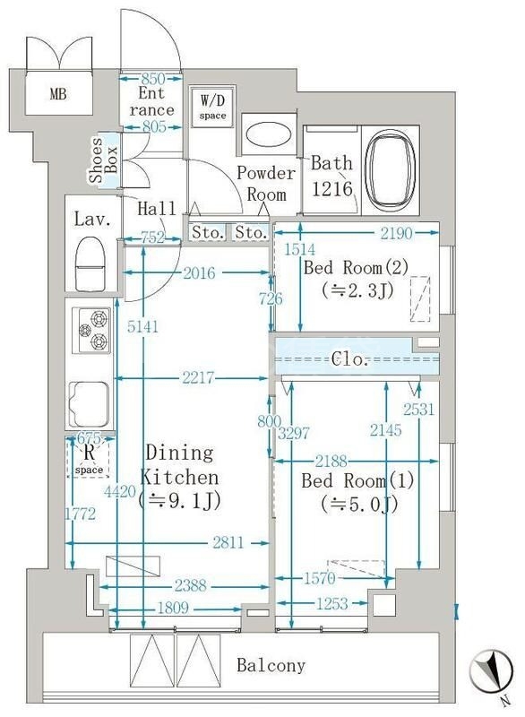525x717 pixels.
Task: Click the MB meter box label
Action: coord(57,92)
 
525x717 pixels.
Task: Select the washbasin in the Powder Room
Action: coord(266,134)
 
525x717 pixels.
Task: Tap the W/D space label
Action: coord(213,105)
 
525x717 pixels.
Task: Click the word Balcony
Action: coord(271,666)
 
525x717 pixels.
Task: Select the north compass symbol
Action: coord(491,671)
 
